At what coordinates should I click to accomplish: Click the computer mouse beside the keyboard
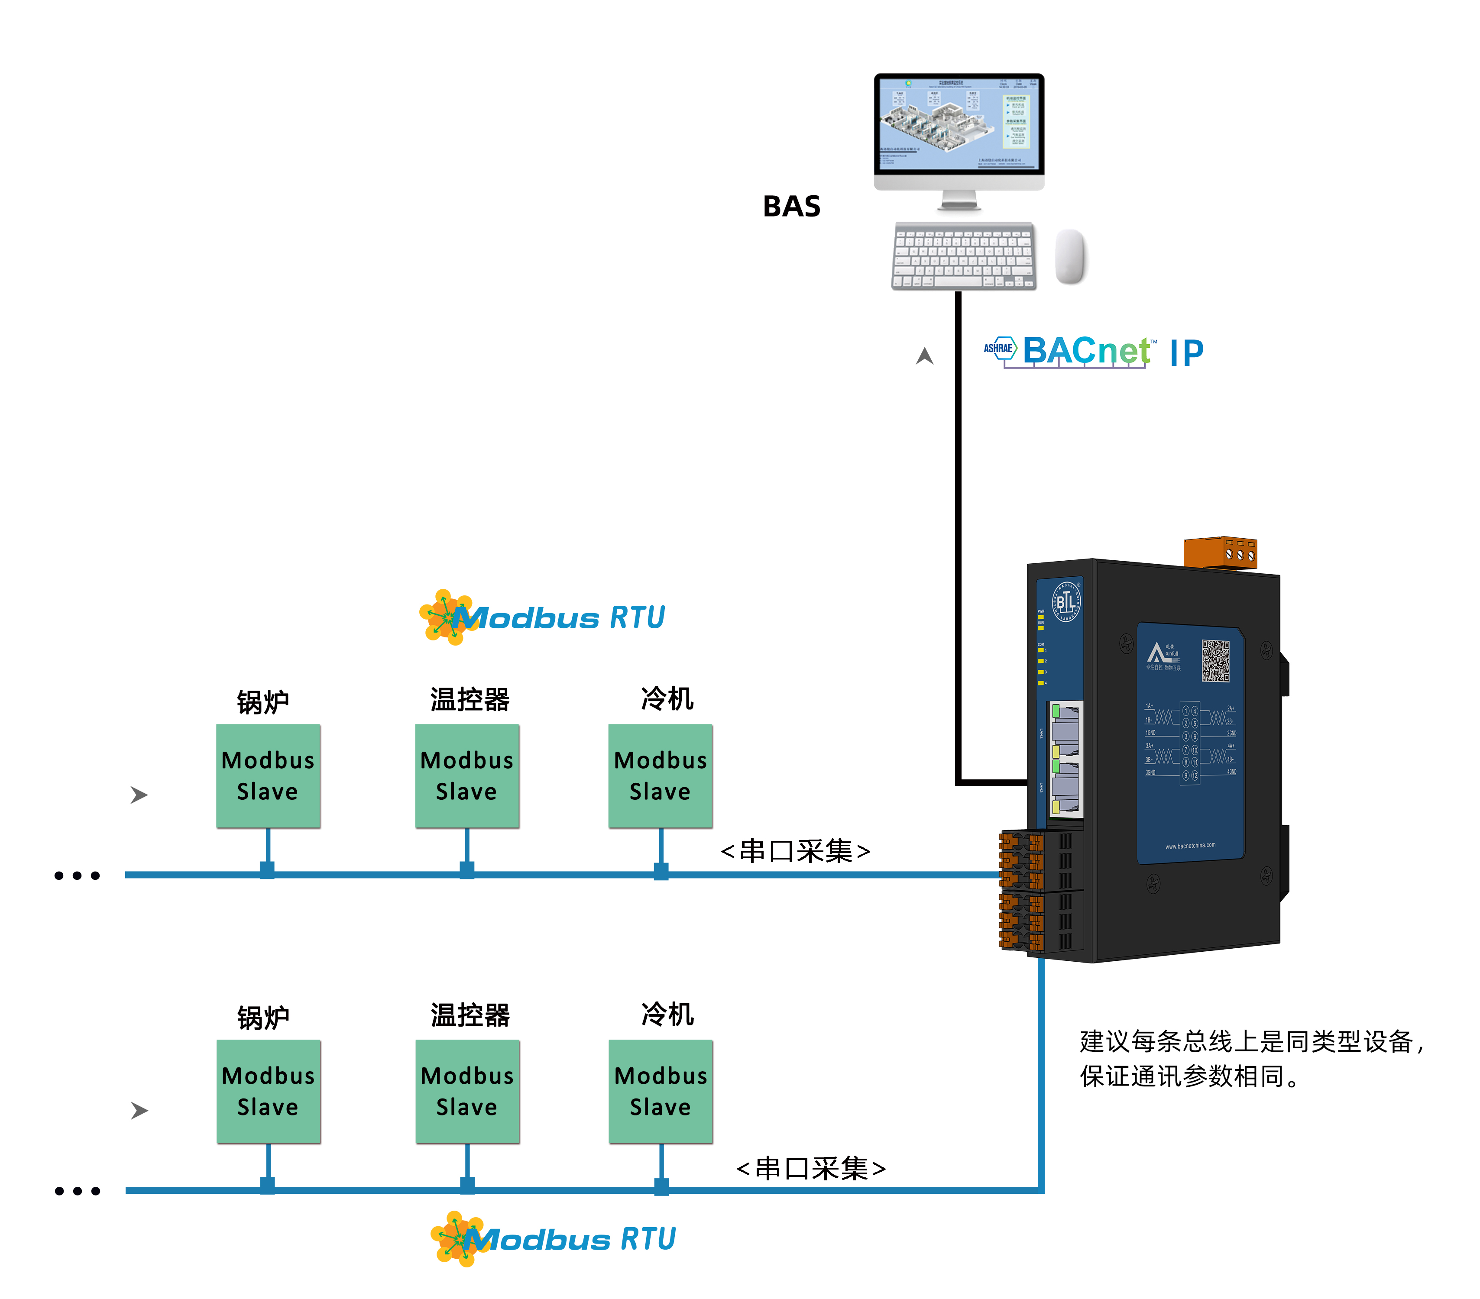pyautogui.click(x=1070, y=256)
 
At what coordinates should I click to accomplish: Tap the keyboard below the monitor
pyautogui.click(x=963, y=256)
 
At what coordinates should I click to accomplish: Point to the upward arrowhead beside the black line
pyautogui.click(x=925, y=356)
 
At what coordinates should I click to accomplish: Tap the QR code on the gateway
pyautogui.click(x=1216, y=659)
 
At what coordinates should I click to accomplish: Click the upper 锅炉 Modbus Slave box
pyautogui.click(x=268, y=776)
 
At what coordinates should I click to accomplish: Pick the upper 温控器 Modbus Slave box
pyautogui.click(x=467, y=776)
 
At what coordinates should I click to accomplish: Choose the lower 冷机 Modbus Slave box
pyautogui.click(x=661, y=1091)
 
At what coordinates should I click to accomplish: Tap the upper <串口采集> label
pyautogui.click(x=795, y=851)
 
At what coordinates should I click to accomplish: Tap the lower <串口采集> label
pyautogui.click(x=810, y=1168)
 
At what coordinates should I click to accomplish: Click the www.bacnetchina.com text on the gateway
pyautogui.click(x=1190, y=845)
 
